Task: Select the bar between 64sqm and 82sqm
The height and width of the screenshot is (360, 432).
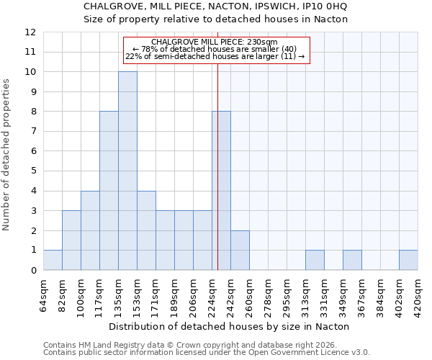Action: pos(53,260)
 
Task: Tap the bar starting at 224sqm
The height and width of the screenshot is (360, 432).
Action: pos(221,191)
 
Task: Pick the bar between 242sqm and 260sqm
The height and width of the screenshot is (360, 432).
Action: pos(240,250)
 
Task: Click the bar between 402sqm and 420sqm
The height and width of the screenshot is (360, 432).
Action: pos(408,260)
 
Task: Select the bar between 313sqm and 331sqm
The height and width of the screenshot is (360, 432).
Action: pos(315,260)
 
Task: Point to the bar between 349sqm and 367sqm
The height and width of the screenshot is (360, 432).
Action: pos(352,260)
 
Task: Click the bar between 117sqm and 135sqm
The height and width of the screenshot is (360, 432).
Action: pos(109,191)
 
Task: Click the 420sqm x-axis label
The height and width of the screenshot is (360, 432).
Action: pos(418,291)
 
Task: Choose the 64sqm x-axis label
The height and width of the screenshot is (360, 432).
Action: pos(44,291)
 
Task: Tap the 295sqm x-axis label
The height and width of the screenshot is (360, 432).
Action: pos(287,291)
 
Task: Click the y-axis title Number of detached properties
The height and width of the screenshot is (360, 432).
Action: pos(7,155)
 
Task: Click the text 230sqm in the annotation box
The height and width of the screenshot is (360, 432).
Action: pos(261,42)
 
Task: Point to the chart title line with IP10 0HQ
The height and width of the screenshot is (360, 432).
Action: pos(215,6)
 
